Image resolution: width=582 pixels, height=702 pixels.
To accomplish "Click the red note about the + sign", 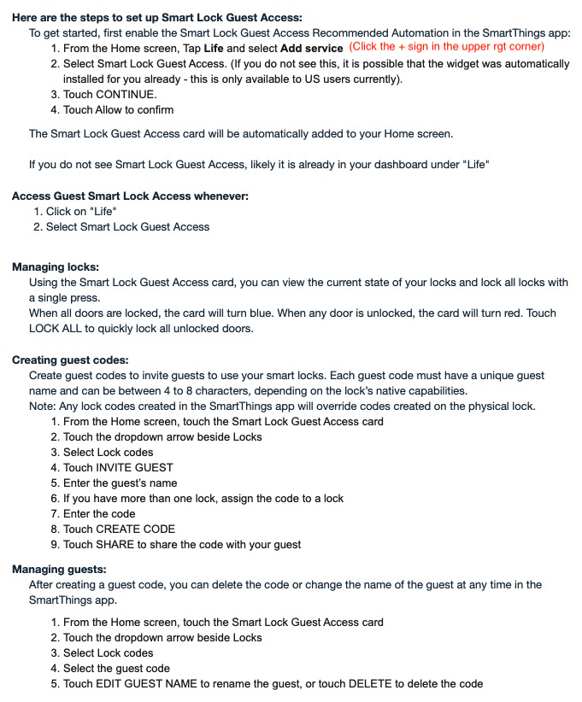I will coord(446,47).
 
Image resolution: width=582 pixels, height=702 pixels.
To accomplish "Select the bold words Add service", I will coord(312,48).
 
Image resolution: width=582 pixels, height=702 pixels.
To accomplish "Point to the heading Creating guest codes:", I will coord(70,360).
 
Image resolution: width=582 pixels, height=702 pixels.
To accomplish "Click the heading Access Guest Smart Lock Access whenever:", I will coord(130,196).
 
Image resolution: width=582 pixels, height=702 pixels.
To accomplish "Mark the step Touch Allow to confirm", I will coord(118,109).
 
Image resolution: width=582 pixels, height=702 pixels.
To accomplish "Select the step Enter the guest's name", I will coord(120,483).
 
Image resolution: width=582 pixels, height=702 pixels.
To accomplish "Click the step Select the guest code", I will coord(116,668).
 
